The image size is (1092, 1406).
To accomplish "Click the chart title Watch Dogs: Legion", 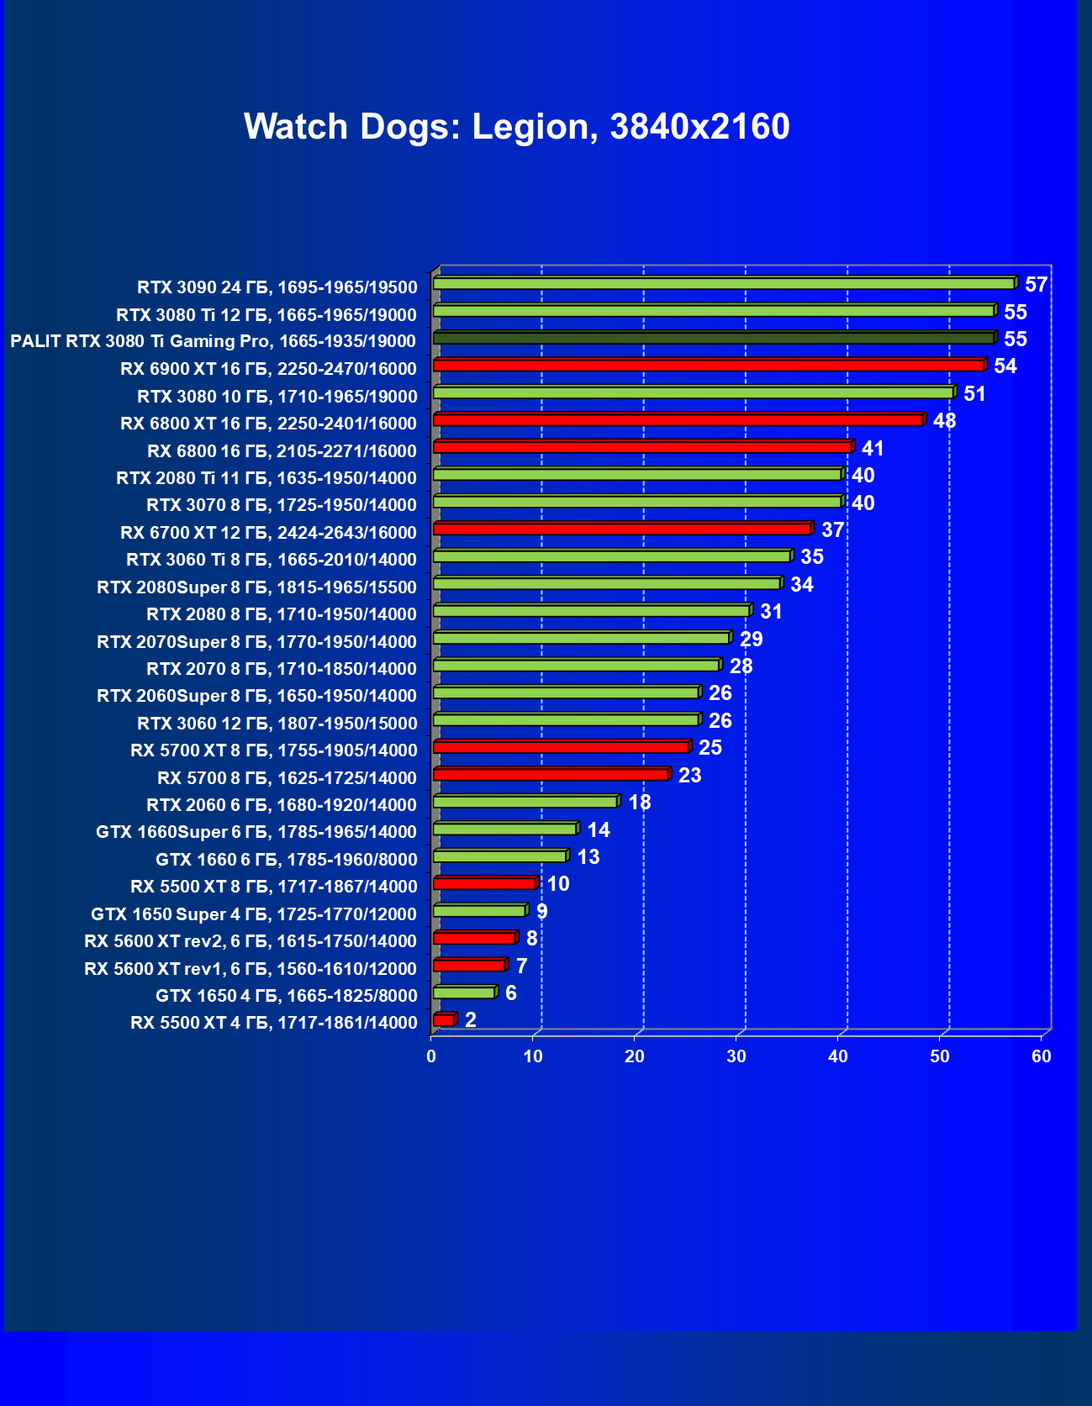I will [516, 127].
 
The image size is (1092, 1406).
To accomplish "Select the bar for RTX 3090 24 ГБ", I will [723, 284].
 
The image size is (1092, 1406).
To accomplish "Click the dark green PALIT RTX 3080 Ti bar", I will [713, 338].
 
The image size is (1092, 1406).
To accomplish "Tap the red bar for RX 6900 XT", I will [708, 366].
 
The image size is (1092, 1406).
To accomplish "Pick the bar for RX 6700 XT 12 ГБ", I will [621, 529].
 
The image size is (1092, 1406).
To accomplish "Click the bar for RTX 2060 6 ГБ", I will [525, 802].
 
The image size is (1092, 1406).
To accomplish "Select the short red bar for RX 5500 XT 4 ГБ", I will [443, 1019].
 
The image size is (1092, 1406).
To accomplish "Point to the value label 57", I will [1036, 285].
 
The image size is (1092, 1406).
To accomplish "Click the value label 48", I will [944, 421].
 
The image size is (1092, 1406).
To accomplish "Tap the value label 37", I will [832, 530].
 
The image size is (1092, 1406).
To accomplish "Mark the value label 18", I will [639, 803].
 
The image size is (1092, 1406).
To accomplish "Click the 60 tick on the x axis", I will [1042, 1056].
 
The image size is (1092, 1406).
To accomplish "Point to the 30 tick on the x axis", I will [736, 1056].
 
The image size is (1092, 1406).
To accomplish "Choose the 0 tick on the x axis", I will [431, 1056].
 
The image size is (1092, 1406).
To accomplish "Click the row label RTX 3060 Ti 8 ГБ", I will [271, 560].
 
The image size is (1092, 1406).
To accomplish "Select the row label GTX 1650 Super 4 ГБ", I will [253, 914].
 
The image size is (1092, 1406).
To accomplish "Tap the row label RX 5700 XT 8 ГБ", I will [273, 750].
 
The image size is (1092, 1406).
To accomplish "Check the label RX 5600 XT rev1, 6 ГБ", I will [250, 969].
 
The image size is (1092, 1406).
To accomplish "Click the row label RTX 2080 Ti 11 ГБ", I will [266, 478].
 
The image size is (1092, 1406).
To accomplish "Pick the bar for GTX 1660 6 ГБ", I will [499, 856].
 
